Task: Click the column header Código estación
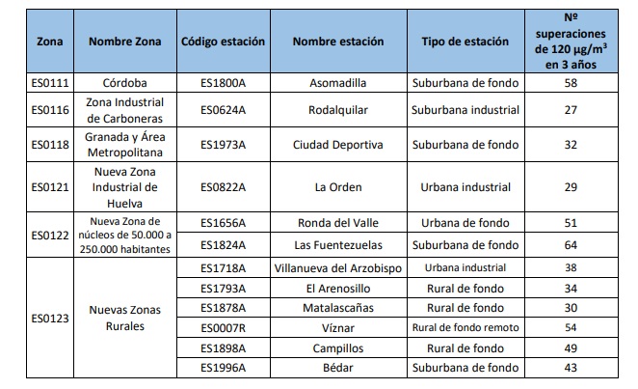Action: pyautogui.click(x=224, y=42)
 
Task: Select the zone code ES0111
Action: pyautogui.click(x=50, y=83)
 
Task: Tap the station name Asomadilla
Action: pyautogui.click(x=337, y=83)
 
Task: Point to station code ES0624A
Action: pyautogui.click(x=224, y=110)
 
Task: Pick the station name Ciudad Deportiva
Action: pyautogui.click(x=337, y=145)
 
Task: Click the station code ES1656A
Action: pyautogui.click(x=224, y=222)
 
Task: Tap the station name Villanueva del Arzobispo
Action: pyautogui.click(x=337, y=267)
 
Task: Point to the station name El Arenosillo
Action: pyautogui.click(x=337, y=288)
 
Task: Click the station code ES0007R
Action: pyautogui.click(x=224, y=328)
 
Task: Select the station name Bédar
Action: pyautogui.click(x=337, y=369)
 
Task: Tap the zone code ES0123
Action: pyautogui.click(x=50, y=318)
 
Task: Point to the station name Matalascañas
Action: pyautogui.click(x=337, y=308)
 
